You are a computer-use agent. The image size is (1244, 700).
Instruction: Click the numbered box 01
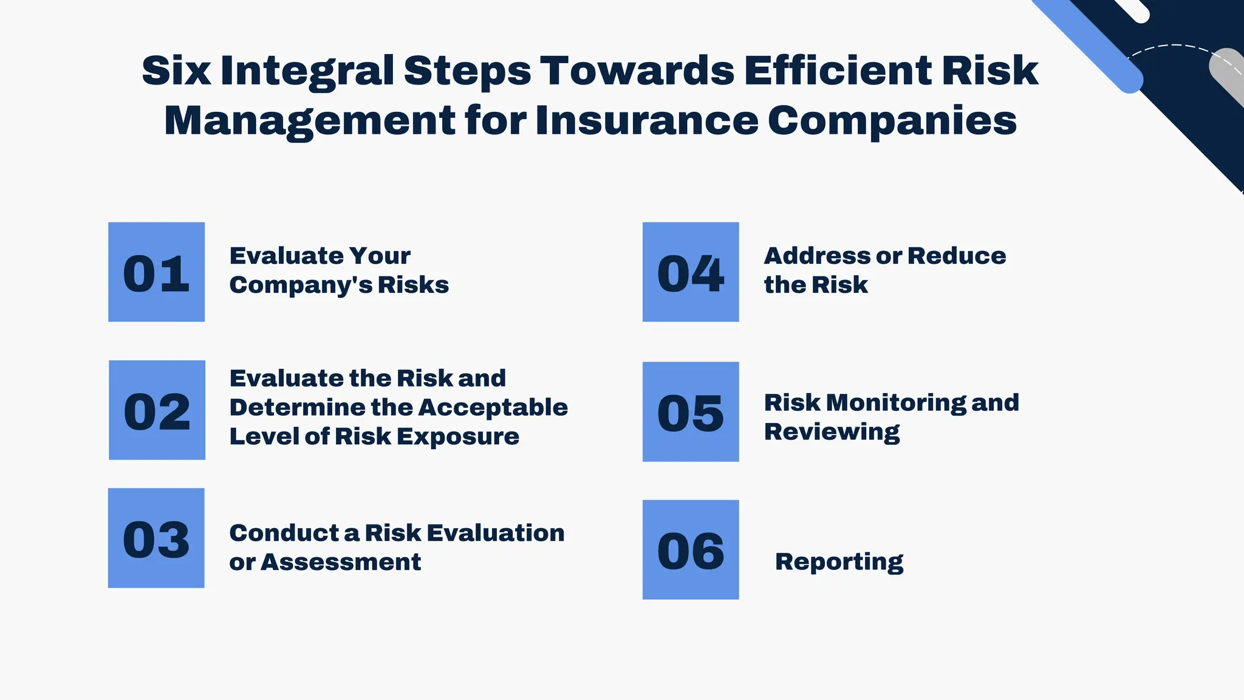[x=156, y=272]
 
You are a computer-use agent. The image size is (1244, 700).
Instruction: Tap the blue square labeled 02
[x=157, y=410]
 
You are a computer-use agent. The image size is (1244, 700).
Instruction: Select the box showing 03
[x=156, y=538]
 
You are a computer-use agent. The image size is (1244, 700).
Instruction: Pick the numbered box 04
[x=691, y=272]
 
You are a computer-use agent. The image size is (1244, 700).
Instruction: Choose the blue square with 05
[x=691, y=412]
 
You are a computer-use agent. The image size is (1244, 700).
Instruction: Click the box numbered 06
[x=691, y=550]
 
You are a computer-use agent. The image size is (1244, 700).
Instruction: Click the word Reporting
[x=839, y=561]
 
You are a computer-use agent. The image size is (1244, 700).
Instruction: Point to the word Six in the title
[x=176, y=70]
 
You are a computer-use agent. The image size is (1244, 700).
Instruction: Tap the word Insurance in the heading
[x=646, y=120]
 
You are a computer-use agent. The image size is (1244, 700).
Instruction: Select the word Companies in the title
[x=892, y=120]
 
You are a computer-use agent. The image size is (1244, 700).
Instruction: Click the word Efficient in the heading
[x=838, y=70]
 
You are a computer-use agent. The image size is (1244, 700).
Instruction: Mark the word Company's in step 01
[x=300, y=285]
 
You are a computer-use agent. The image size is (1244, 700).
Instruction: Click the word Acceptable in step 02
[x=493, y=407]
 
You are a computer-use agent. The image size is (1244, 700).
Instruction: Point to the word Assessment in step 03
[x=341, y=562]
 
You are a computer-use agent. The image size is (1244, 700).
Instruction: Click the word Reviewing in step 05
[x=832, y=432]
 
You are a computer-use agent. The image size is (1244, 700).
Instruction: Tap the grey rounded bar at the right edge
[x=1227, y=76]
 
